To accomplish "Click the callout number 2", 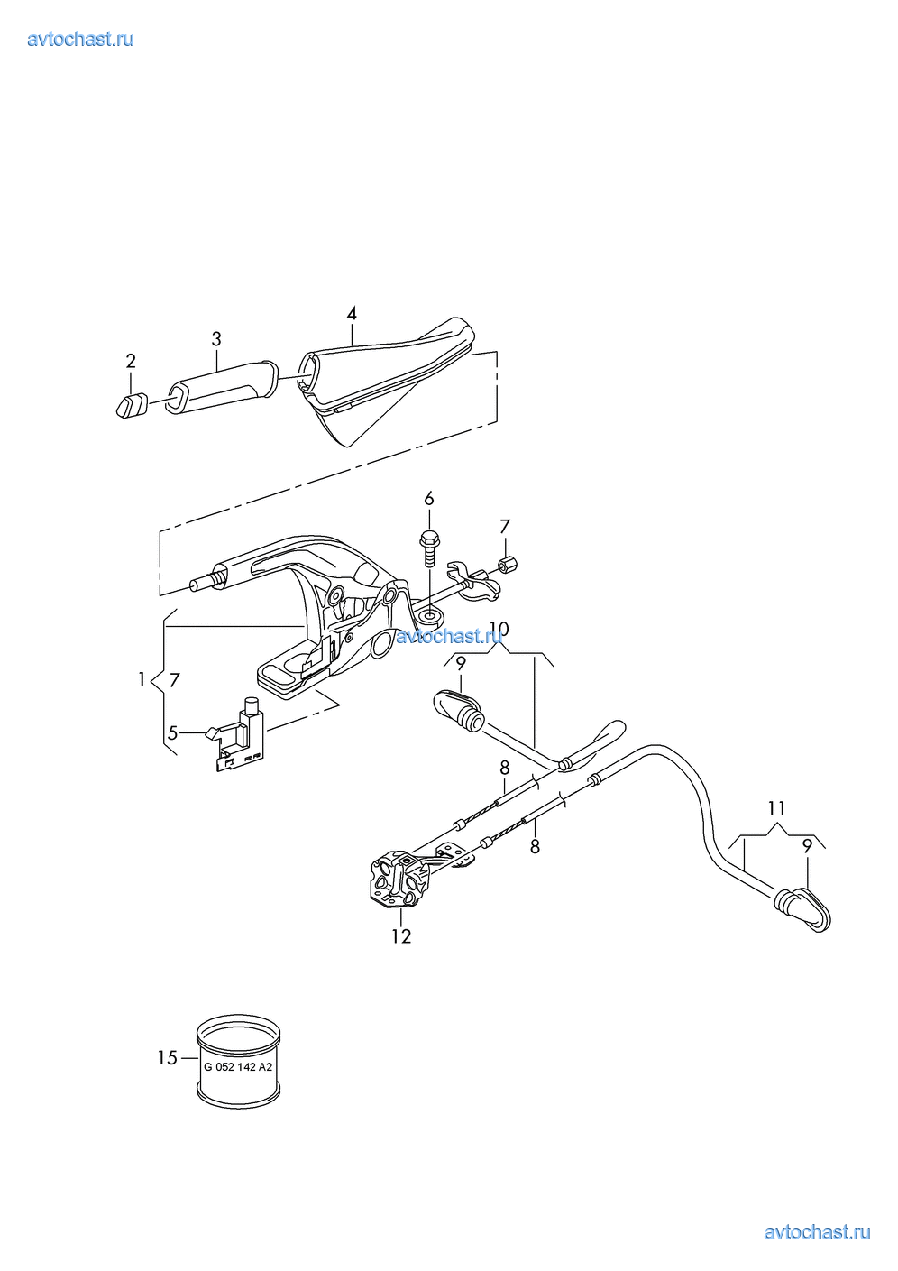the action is [131, 361].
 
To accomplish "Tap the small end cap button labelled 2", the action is [132, 405].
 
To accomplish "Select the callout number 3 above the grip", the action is [216, 339].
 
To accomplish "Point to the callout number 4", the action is [352, 313].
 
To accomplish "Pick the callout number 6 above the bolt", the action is [429, 499].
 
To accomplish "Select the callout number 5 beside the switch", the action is [172, 733].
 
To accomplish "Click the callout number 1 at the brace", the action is [142, 679].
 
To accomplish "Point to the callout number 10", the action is [499, 629].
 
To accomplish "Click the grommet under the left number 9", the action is [458, 709].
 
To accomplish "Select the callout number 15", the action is [168, 1058].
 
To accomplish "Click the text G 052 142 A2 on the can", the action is [238, 1067].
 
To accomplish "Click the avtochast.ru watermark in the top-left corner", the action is [80, 39].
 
